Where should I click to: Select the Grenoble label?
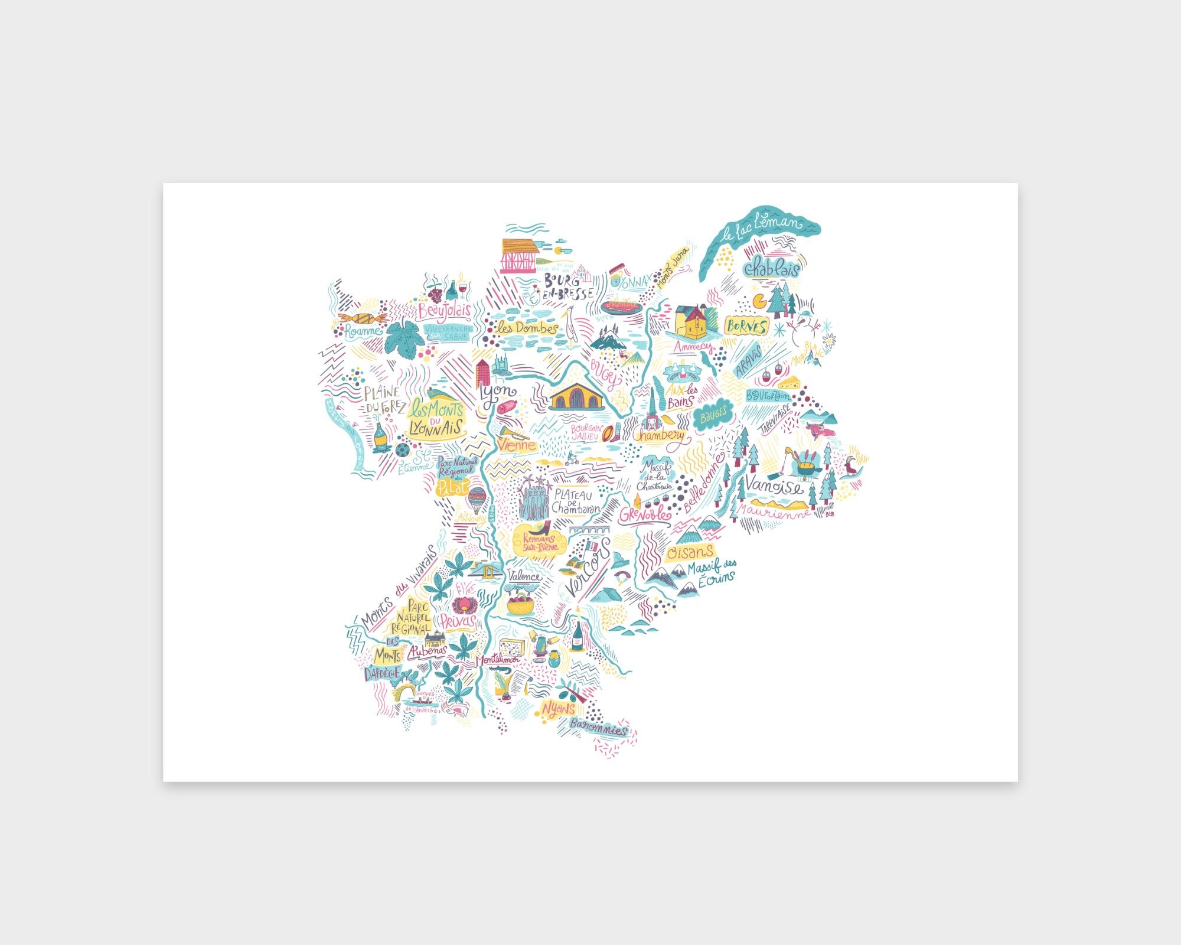coord(645,514)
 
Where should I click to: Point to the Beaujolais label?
coord(445,311)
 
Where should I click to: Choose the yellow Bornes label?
coord(746,325)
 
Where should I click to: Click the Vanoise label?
coord(774,485)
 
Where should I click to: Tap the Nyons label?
coord(557,709)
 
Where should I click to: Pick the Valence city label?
coord(524,576)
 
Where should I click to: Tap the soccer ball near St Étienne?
coord(402,450)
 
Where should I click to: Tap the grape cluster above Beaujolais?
coord(434,291)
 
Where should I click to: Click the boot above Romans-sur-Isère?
coord(543,527)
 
